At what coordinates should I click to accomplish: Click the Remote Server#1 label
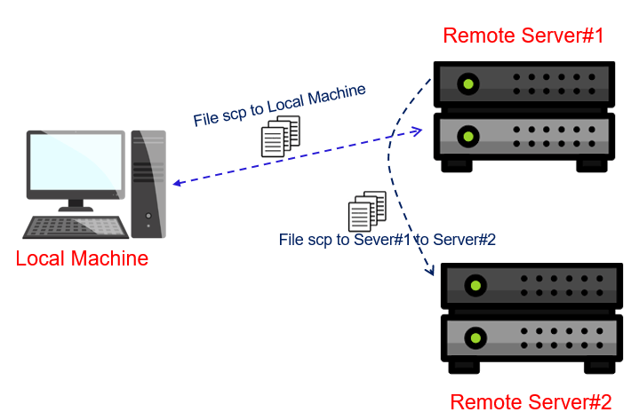(523, 36)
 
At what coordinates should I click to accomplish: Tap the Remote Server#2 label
(531, 401)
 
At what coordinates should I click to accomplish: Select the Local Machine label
(82, 259)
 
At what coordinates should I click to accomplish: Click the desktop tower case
(148, 184)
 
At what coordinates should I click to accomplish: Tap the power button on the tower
(148, 216)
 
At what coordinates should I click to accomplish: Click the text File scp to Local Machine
(279, 107)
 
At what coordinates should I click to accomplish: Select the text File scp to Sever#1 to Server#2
(387, 239)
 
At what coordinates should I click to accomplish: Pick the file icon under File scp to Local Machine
(280, 138)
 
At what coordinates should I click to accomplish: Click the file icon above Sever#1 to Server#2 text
(367, 211)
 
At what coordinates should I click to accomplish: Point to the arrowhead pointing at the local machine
(177, 183)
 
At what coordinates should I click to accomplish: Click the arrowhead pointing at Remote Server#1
(416, 131)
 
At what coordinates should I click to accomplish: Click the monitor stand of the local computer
(76, 205)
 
